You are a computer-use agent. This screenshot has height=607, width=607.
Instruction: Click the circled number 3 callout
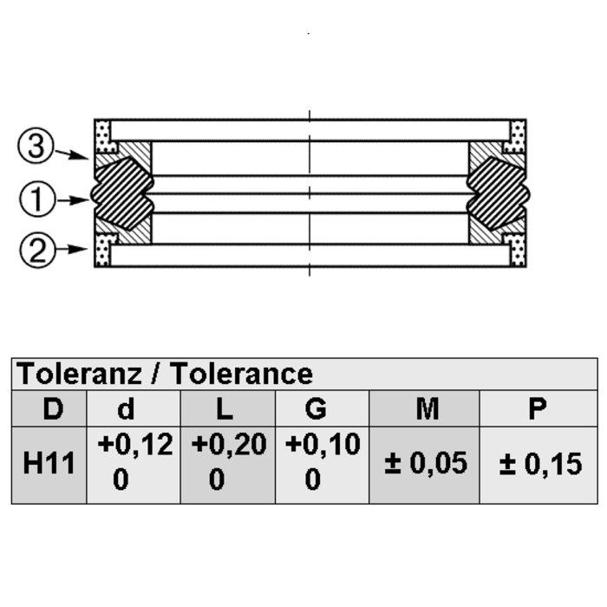coord(36,146)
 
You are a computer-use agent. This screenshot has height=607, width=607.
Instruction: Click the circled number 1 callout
coord(37,199)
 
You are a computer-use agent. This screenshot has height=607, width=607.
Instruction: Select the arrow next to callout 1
coord(73,200)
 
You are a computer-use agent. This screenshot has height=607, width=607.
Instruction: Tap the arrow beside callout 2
coord(72,249)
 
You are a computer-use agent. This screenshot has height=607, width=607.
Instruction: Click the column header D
coord(53,408)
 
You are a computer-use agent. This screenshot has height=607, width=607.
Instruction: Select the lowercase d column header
coord(126,408)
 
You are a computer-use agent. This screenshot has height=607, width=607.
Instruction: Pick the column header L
coord(224,408)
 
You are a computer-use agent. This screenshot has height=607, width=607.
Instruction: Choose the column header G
coord(316,408)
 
